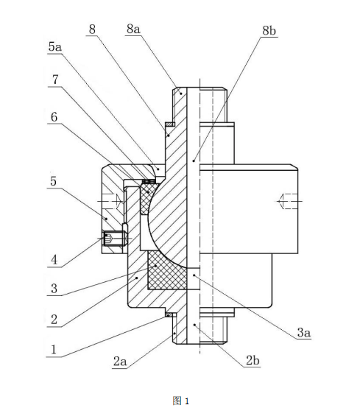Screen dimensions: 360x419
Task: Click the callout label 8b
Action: (269, 31)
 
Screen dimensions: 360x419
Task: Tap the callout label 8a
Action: (133, 29)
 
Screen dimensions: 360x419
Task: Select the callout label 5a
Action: (55, 47)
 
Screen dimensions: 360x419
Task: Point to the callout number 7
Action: (55, 80)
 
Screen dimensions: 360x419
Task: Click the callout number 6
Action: (54, 117)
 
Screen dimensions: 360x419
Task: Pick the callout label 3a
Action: (304, 333)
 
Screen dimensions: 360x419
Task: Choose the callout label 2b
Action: (253, 361)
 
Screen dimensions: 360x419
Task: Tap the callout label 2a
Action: (120, 362)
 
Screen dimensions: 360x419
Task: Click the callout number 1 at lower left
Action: (54, 350)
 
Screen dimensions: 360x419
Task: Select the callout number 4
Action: (54, 260)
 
